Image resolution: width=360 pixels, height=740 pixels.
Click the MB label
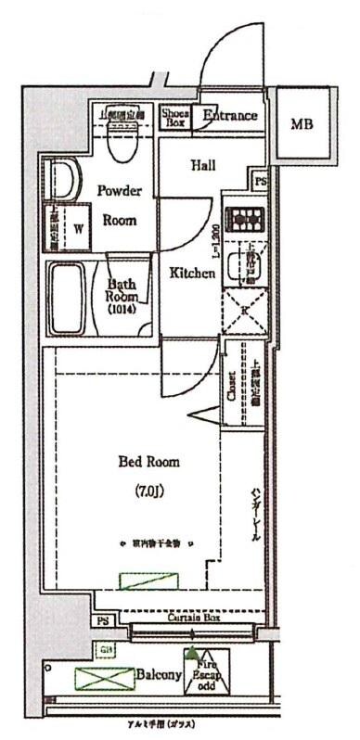302,123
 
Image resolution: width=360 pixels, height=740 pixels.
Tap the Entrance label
229,116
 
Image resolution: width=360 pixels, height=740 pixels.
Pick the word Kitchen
192,274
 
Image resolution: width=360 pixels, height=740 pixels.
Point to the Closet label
231,386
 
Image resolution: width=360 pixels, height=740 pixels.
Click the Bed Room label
148,461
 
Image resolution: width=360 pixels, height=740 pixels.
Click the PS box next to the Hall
261,181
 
